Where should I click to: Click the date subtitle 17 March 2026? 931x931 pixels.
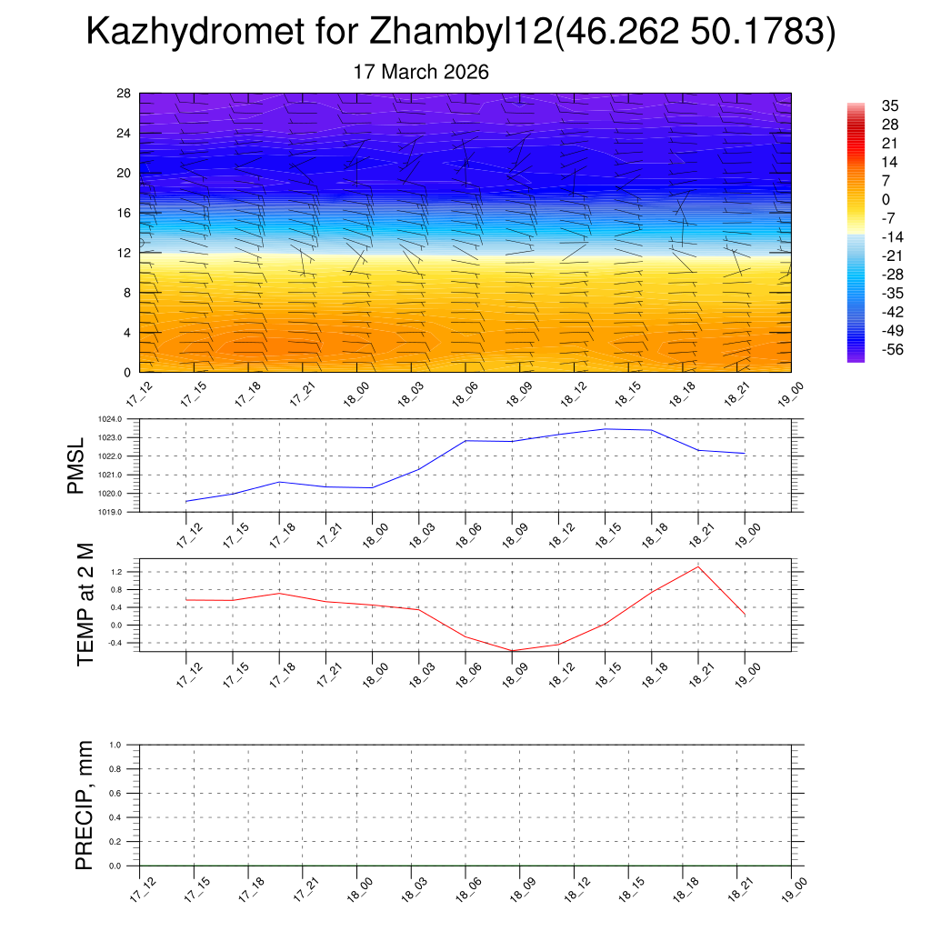click(x=421, y=72)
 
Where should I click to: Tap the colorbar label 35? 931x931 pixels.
click(x=890, y=106)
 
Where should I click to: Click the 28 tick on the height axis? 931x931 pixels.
click(x=125, y=94)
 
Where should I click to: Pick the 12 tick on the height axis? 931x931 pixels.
click(x=125, y=253)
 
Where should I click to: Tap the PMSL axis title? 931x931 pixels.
click(x=75, y=465)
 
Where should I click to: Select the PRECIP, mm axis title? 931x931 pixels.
click(x=85, y=805)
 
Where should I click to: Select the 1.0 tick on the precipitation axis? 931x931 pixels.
click(x=127, y=745)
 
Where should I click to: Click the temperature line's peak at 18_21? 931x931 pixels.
click(x=698, y=567)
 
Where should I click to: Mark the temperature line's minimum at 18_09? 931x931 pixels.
click(x=512, y=651)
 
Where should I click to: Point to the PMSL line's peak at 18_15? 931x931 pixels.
click(x=605, y=429)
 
